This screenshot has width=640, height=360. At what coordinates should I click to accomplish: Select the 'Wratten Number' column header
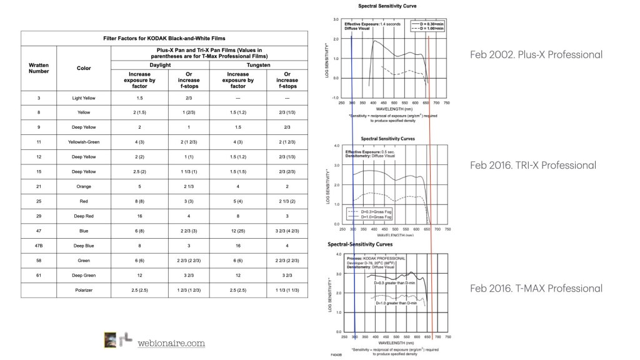[39, 67]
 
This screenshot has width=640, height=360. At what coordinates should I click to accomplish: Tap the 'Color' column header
[84, 67]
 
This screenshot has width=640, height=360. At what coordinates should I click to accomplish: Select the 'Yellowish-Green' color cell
[84, 142]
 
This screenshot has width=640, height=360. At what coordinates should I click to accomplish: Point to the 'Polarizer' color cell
[84, 291]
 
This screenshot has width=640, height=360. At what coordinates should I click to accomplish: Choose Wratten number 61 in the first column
[39, 272]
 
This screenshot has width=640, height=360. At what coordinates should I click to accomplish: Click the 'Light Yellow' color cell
[84, 98]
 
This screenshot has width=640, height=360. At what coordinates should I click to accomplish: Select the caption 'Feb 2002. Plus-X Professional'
[536, 54]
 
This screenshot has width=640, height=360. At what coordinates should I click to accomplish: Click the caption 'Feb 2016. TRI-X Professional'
[533, 166]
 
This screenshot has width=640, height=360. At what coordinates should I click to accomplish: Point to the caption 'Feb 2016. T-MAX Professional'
[536, 288]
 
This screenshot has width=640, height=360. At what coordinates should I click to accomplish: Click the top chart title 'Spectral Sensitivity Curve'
[387, 6]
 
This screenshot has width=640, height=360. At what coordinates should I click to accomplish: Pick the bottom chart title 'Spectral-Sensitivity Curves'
[363, 244]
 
